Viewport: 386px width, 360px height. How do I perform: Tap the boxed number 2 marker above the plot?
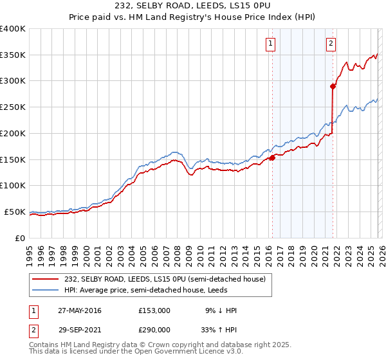click(x=331, y=44)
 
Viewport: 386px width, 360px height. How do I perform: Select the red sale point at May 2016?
click(x=272, y=157)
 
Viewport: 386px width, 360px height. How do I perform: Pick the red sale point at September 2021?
click(x=333, y=85)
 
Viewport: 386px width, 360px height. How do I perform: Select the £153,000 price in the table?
click(x=154, y=310)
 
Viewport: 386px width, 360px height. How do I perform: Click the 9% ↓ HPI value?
click(x=221, y=310)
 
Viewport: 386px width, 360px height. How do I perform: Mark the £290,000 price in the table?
click(x=154, y=330)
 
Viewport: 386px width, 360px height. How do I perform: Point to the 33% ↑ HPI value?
click(x=221, y=330)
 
